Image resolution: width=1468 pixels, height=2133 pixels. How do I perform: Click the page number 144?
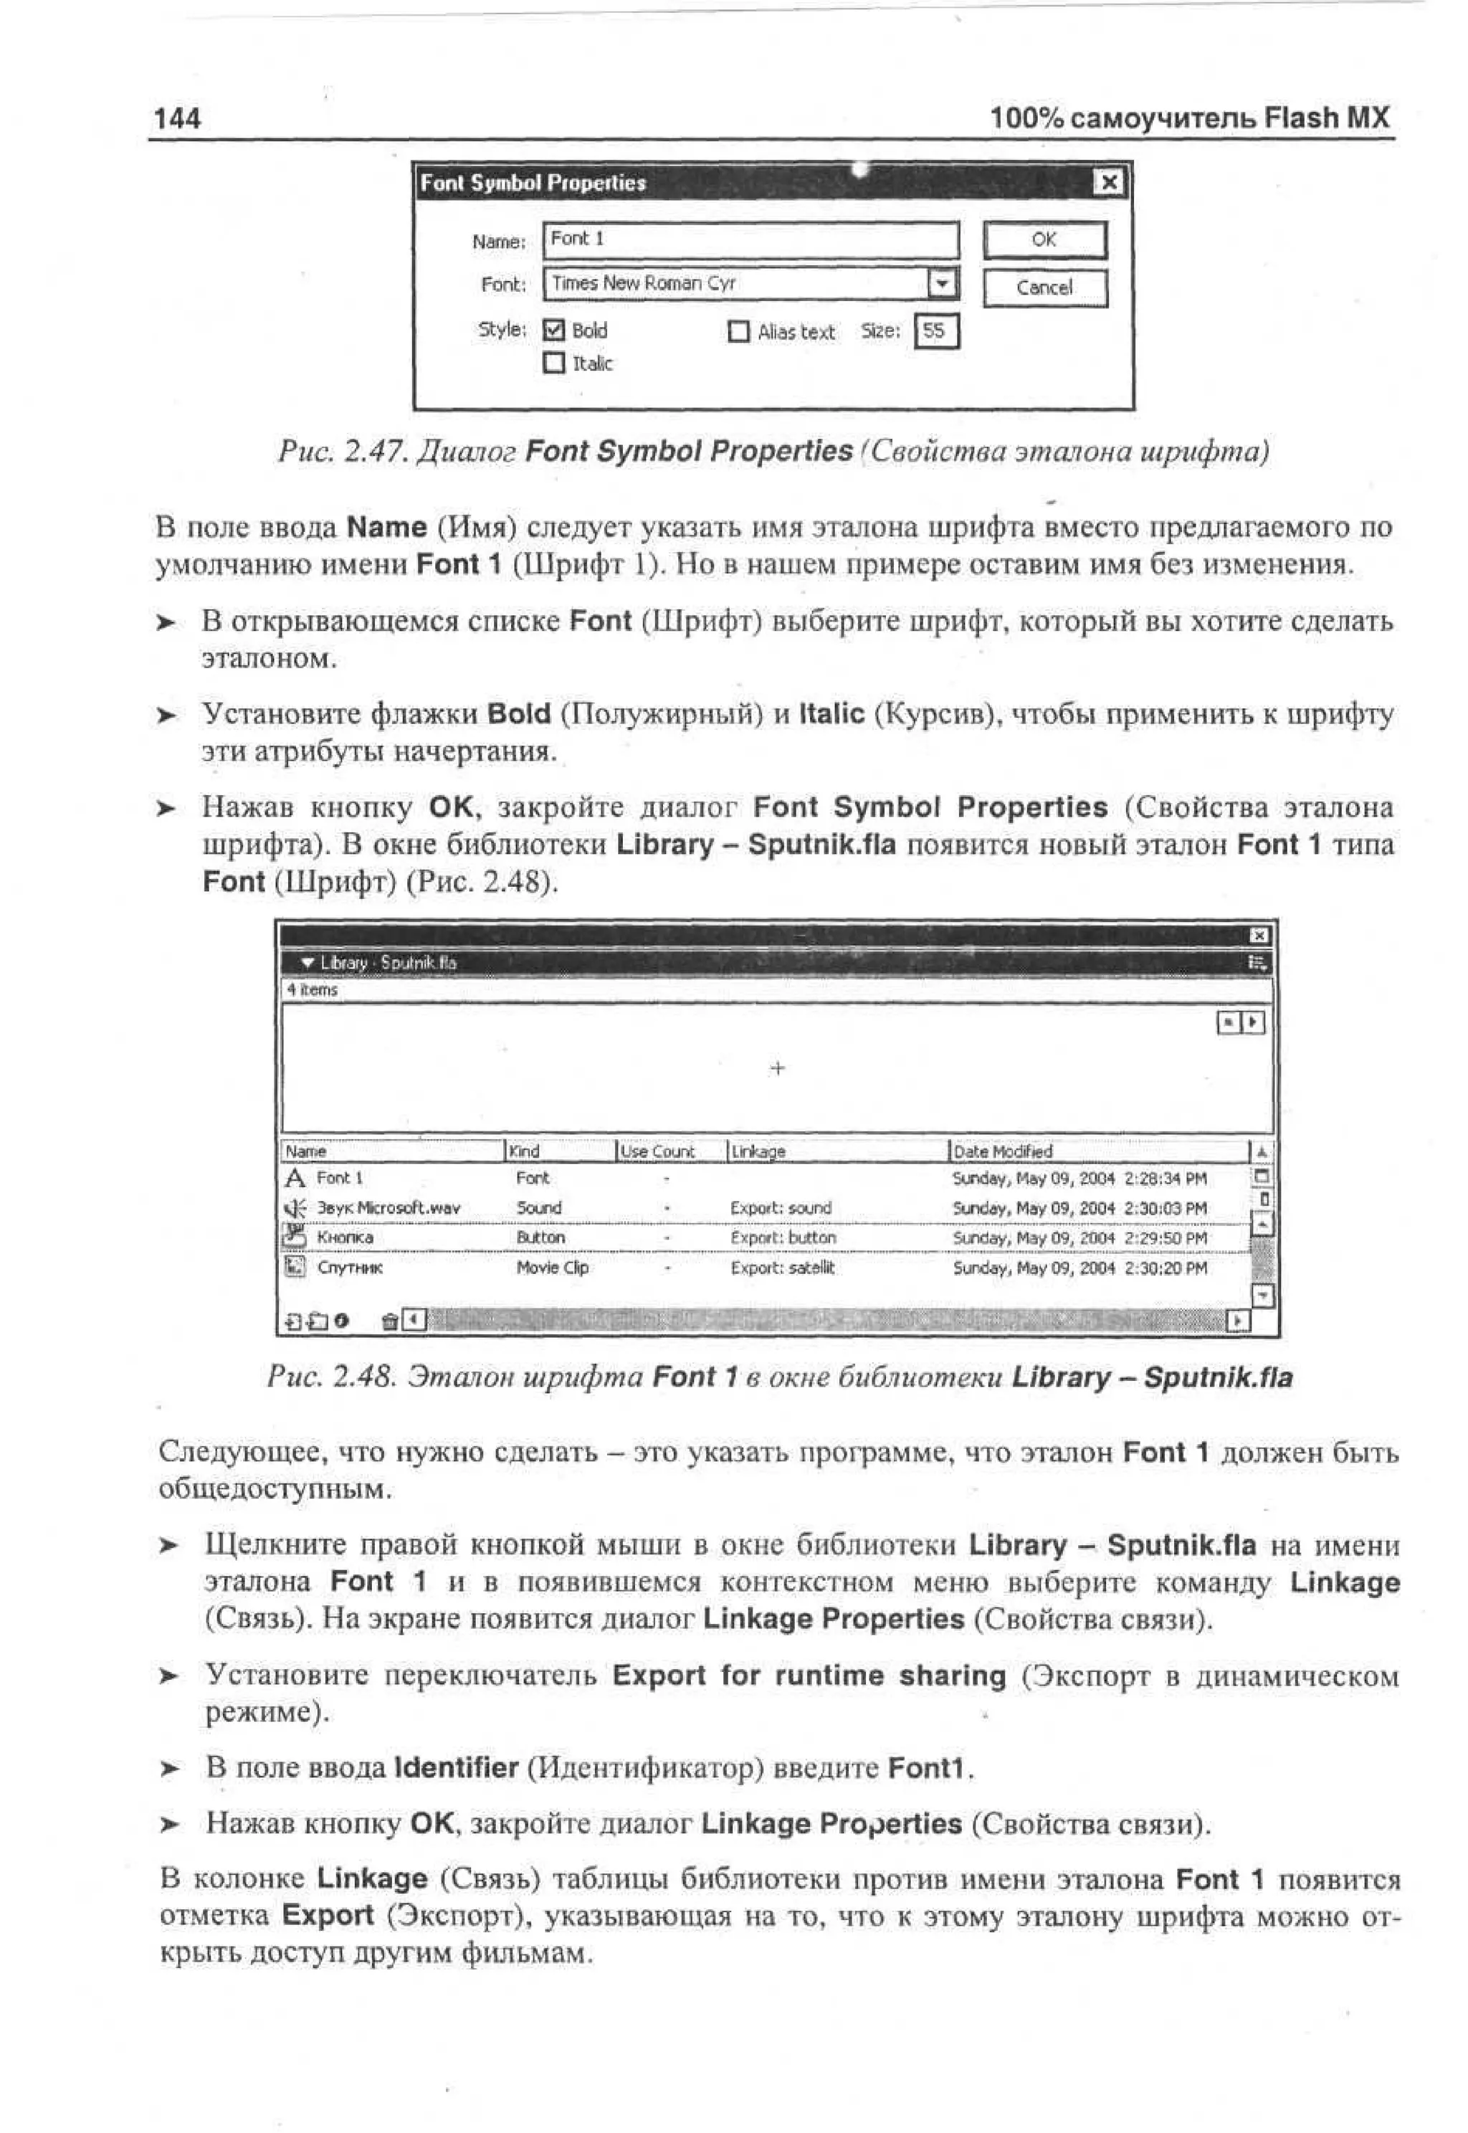[176, 118]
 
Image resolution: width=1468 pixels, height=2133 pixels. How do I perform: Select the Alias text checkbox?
[738, 332]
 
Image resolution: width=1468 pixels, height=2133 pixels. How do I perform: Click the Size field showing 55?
[935, 331]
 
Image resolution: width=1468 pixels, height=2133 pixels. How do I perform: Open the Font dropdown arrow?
[942, 283]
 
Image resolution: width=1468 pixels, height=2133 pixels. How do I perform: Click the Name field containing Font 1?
[750, 240]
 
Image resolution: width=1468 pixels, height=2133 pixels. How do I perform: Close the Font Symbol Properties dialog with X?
[1110, 182]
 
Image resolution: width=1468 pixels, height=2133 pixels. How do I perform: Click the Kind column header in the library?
[525, 1151]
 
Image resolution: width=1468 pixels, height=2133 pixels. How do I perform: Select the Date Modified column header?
[1003, 1151]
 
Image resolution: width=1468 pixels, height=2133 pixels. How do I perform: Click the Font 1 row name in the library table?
[340, 1178]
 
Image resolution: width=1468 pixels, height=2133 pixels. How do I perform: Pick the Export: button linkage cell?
[783, 1238]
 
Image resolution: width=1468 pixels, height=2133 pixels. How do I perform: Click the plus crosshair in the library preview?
[777, 1068]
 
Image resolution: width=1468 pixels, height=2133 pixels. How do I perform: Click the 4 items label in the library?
[312, 989]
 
